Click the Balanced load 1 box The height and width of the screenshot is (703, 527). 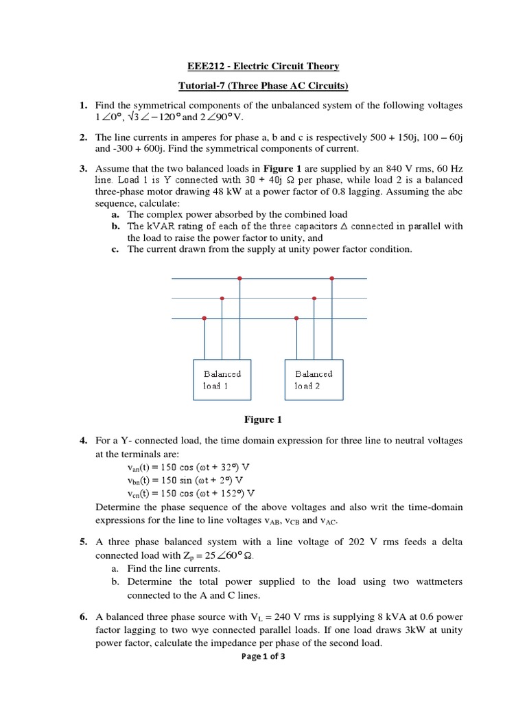(x=222, y=380)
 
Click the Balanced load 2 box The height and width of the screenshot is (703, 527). (x=314, y=380)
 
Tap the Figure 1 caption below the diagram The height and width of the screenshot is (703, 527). (x=263, y=419)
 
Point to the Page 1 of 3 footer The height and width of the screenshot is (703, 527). (x=263, y=656)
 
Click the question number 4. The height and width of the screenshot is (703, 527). (x=82, y=440)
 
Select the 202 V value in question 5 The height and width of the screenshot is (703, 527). (x=360, y=542)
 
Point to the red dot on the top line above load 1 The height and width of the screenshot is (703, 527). (x=239, y=278)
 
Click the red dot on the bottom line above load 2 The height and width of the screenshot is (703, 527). (x=296, y=318)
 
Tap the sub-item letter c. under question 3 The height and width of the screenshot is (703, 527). (x=115, y=249)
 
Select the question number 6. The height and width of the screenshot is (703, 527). (x=82, y=616)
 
